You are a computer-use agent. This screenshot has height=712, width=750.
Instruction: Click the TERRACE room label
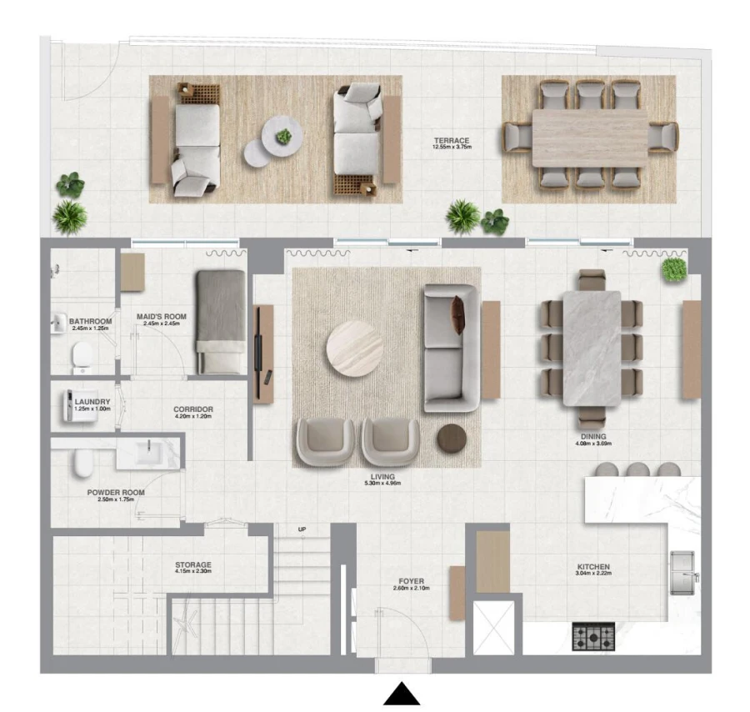pyautogui.click(x=452, y=141)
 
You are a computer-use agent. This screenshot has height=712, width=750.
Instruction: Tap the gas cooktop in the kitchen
pyautogui.click(x=593, y=636)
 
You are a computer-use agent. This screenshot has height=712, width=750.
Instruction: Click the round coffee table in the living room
pyautogui.click(x=355, y=348)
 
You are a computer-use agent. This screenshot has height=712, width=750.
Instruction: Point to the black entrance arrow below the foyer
pyautogui.click(x=402, y=694)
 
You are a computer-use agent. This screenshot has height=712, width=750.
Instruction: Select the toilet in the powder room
pyautogui.click(x=82, y=463)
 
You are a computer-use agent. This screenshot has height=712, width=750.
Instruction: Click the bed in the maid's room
pyautogui.click(x=221, y=321)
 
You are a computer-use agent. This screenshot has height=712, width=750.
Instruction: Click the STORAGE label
pyautogui.click(x=193, y=564)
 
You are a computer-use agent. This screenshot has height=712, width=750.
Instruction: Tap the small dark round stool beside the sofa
pyautogui.click(x=452, y=438)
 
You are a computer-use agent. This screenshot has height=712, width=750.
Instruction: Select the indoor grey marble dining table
pyautogui.click(x=592, y=347)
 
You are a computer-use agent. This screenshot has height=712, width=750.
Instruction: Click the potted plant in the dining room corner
pyautogui.click(x=673, y=269)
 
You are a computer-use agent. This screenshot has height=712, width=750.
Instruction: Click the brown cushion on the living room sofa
pyautogui.click(x=457, y=315)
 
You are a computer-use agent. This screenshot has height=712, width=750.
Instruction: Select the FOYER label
pyautogui.click(x=411, y=581)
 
